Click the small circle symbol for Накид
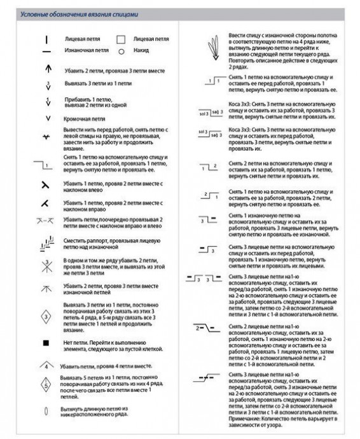[120, 50]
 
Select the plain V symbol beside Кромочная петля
[47, 118]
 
